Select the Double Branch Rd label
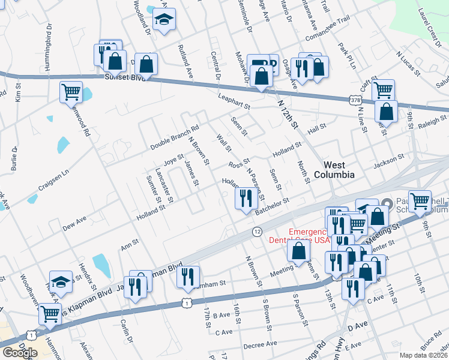click(174, 137)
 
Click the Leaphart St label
click(234, 104)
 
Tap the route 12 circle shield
click(257, 232)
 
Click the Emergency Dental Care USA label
click(310, 236)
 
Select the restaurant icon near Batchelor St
click(245, 198)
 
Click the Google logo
click(19, 353)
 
